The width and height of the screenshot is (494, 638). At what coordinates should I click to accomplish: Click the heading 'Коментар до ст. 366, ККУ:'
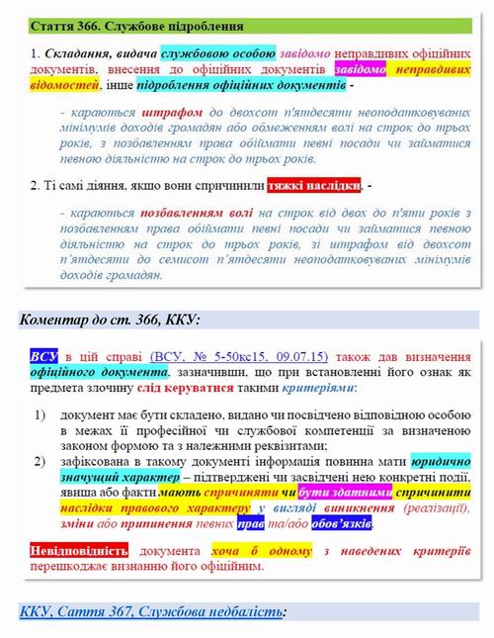coord(110,319)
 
